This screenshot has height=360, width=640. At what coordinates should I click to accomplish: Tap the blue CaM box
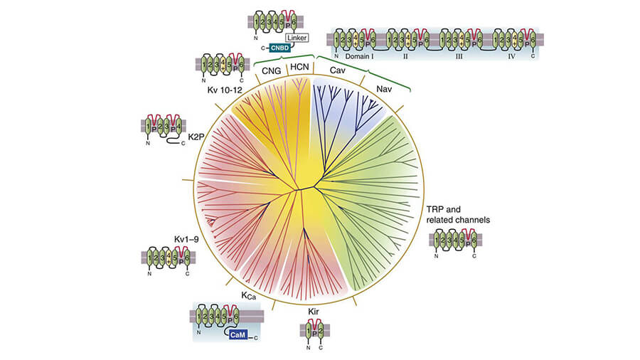(239, 334)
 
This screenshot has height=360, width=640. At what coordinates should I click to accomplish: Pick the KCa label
(248, 295)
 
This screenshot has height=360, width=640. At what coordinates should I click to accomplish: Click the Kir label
(314, 311)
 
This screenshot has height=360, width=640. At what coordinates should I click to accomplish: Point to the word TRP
(434, 209)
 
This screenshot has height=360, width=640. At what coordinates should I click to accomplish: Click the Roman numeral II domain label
(408, 55)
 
